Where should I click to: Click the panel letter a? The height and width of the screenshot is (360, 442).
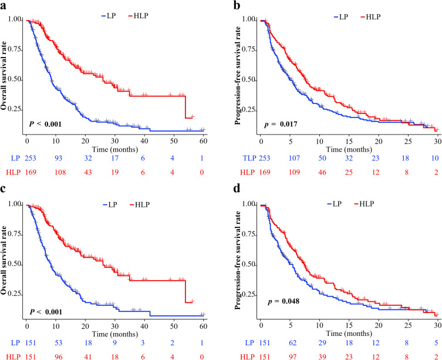pyautogui.click(x=5, y=5)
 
